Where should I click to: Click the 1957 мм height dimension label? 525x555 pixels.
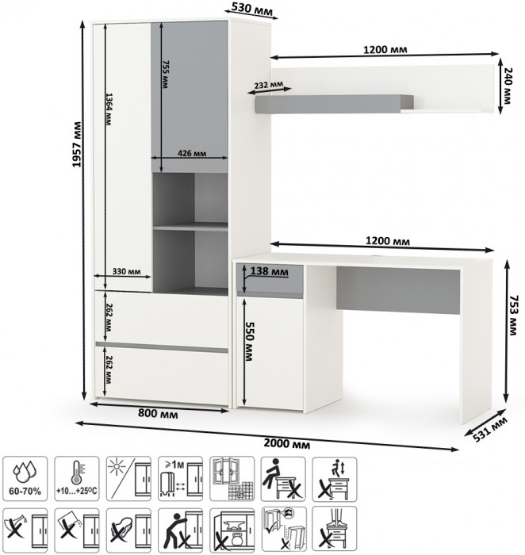(76, 144)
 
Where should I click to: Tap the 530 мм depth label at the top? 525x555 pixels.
(252, 9)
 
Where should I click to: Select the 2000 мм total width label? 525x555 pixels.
(287, 443)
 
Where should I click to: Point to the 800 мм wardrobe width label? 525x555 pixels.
(158, 413)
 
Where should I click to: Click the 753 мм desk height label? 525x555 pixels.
(512, 315)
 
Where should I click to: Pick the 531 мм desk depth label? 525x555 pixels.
(490, 430)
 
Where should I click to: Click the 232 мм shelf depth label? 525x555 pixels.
(268, 85)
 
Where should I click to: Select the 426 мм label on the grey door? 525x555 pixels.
(192, 153)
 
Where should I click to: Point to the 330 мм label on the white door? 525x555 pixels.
(126, 271)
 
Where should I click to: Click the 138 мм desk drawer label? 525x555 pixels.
(269, 271)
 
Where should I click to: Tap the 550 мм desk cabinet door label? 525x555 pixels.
(249, 341)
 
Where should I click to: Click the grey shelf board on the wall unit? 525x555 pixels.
(334, 104)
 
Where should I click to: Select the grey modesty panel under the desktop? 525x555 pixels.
(398, 290)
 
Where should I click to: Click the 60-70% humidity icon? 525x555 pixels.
(25, 479)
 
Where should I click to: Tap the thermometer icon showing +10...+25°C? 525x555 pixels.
(77, 479)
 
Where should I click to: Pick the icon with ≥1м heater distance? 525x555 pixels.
(180, 479)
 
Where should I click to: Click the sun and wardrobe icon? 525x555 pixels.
(128, 479)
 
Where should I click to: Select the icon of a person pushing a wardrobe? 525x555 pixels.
(180, 530)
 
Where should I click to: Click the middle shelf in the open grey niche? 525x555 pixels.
(190, 227)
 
